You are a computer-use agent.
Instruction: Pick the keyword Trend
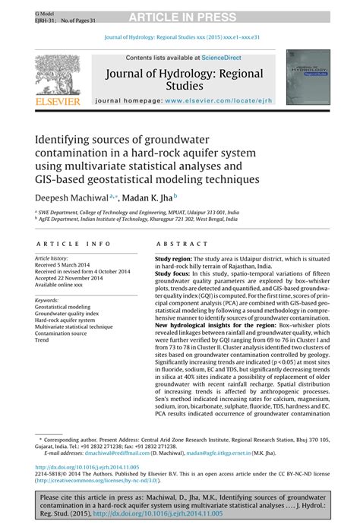pos(43,339)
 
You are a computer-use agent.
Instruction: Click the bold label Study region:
pos(177,259)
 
